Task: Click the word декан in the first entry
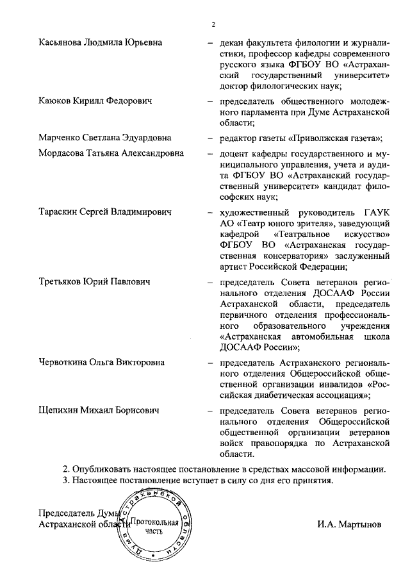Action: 231,42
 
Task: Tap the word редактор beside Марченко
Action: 238,138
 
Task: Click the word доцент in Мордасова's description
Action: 233,154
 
